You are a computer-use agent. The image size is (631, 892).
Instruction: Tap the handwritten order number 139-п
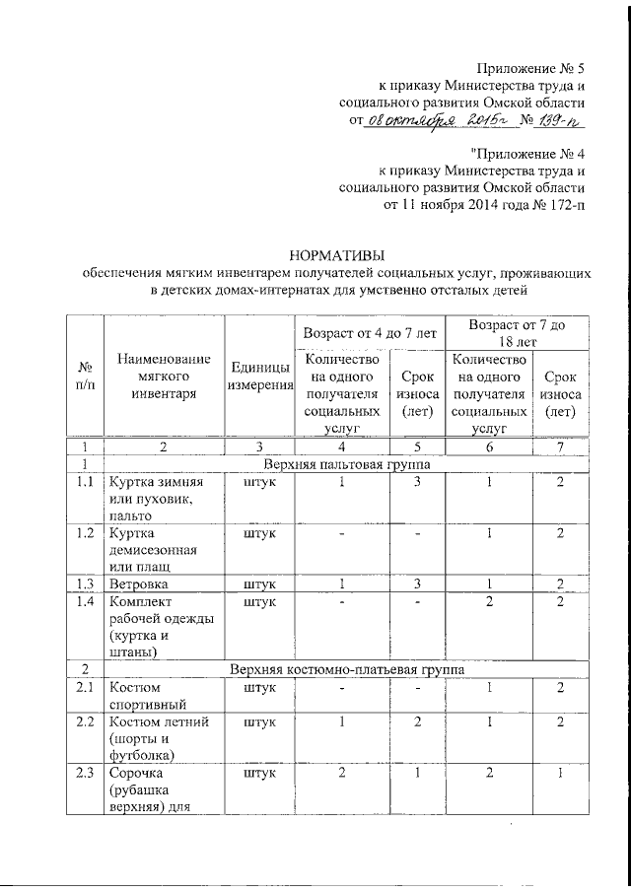552,121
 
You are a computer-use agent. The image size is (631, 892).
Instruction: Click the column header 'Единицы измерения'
260,378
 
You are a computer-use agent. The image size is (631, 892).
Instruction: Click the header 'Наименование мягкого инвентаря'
164,378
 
